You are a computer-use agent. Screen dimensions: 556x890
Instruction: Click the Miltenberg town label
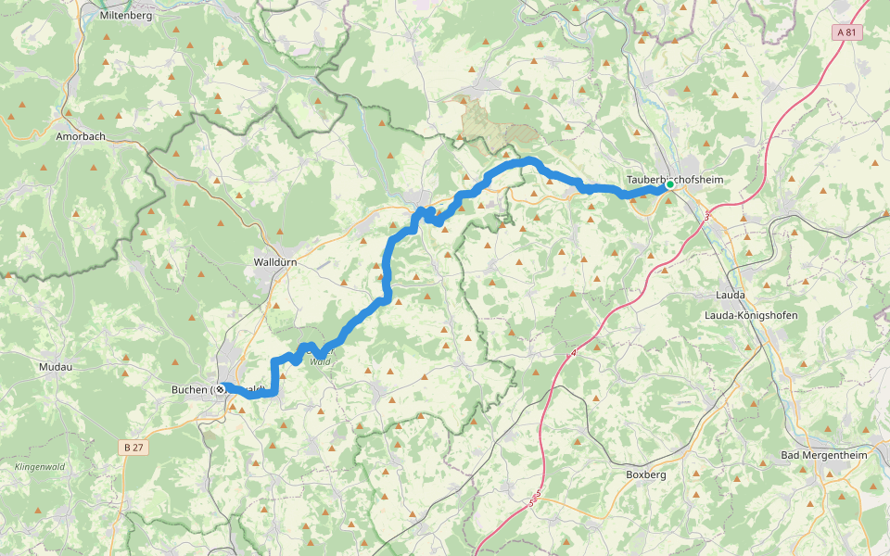click(x=126, y=16)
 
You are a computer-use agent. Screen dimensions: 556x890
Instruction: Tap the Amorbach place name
click(x=80, y=136)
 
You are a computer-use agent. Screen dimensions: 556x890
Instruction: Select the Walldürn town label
click(x=275, y=262)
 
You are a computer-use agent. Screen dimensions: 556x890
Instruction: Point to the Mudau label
click(x=55, y=367)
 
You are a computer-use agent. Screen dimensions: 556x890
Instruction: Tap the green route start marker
click(x=669, y=185)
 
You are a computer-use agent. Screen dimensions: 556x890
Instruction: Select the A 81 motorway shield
click(x=846, y=32)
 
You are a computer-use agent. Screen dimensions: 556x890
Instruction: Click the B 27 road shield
click(x=133, y=448)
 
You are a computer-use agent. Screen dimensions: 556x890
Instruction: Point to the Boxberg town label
click(x=646, y=474)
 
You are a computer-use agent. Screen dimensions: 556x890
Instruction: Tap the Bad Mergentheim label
click(x=821, y=455)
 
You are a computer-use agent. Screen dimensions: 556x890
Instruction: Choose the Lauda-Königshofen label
click(x=751, y=316)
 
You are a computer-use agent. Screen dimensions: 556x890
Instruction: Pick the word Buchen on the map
click(x=189, y=390)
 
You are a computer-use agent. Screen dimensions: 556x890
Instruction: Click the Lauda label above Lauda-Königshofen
click(x=731, y=295)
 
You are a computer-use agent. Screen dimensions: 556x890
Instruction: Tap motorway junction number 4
click(x=573, y=352)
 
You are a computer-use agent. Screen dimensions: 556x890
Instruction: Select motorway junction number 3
click(x=706, y=217)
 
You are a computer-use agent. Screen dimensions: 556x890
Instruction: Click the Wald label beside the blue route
click(x=320, y=361)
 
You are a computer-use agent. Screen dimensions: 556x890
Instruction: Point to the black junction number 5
click(x=538, y=493)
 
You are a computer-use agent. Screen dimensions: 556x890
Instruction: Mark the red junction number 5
click(x=531, y=504)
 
